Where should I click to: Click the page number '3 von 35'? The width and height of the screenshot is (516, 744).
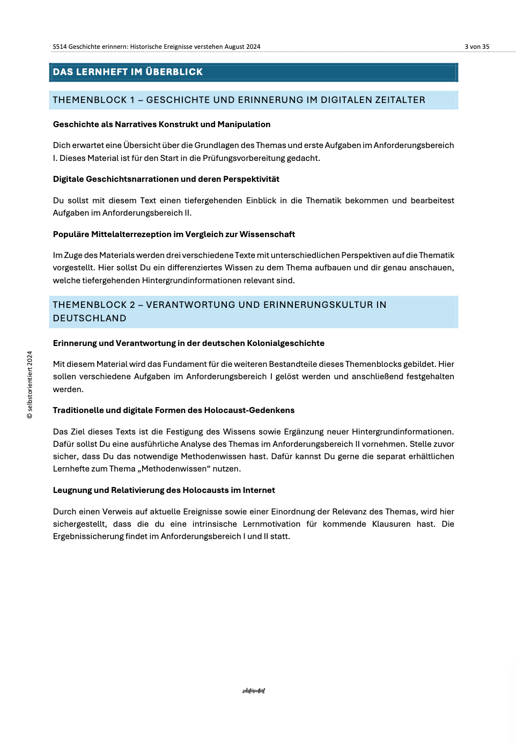[x=477, y=47]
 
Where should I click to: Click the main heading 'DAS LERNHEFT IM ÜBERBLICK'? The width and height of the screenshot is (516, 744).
[x=128, y=72]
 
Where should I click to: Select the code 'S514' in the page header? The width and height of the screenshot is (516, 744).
[x=60, y=47]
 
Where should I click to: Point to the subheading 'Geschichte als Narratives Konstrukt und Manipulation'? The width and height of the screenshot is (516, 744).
[x=161, y=124]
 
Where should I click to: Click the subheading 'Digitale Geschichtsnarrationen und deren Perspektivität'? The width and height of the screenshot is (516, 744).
[x=166, y=179]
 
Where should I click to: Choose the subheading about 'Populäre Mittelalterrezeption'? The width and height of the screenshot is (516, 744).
[x=174, y=234]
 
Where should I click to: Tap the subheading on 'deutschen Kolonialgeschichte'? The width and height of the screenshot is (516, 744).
[x=188, y=343]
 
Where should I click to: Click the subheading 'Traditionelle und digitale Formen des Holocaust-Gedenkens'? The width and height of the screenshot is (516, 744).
[x=173, y=410]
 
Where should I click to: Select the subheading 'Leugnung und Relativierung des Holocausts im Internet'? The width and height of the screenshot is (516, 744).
[x=164, y=490]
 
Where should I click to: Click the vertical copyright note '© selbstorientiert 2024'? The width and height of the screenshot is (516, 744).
[x=30, y=385]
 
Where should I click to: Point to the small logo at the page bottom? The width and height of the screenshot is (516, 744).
[x=253, y=691]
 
